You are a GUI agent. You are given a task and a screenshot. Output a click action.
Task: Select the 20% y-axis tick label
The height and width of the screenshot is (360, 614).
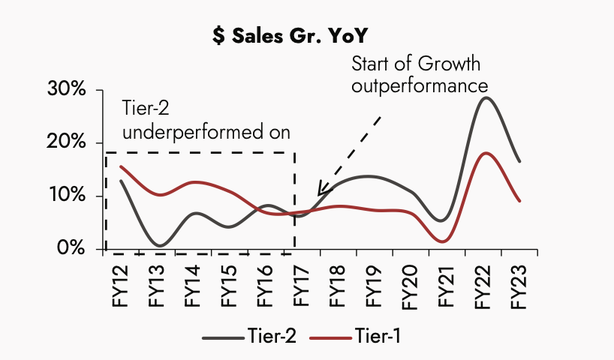67,142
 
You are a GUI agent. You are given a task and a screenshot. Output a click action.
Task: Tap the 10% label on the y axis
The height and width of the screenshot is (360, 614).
67,196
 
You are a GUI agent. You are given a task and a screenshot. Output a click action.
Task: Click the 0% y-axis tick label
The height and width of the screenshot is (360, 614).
72,248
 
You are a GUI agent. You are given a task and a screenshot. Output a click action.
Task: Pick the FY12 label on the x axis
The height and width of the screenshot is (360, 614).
121,284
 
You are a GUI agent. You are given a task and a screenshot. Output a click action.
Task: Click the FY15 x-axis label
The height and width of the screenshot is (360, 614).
230,284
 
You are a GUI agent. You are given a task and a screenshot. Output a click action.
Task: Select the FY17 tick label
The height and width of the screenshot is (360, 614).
302,284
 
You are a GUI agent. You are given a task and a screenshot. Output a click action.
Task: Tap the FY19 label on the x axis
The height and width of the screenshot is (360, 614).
375,284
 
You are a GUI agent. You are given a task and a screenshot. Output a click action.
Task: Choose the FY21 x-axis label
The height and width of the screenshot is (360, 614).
447,284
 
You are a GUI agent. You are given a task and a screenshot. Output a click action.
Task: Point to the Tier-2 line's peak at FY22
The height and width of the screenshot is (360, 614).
486,97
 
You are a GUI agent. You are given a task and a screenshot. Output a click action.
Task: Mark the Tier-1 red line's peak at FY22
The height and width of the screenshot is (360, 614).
486,153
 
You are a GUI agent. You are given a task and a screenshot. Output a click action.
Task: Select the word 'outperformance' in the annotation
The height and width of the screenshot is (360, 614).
418,85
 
